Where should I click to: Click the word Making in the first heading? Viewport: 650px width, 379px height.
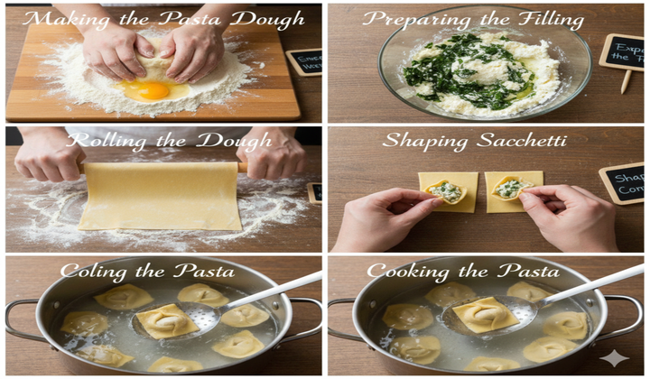[59, 19]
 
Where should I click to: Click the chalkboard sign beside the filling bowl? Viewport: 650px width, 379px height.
[622, 52]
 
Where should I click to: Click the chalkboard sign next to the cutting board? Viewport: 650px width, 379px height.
[303, 61]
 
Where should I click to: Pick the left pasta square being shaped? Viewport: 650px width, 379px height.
[448, 190]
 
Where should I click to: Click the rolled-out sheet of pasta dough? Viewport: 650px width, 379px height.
[160, 195]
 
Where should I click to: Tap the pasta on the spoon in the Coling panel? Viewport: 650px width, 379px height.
[167, 319]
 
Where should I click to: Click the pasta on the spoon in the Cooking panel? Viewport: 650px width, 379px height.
[485, 314]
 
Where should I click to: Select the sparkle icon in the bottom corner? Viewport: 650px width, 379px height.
[615, 358]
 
